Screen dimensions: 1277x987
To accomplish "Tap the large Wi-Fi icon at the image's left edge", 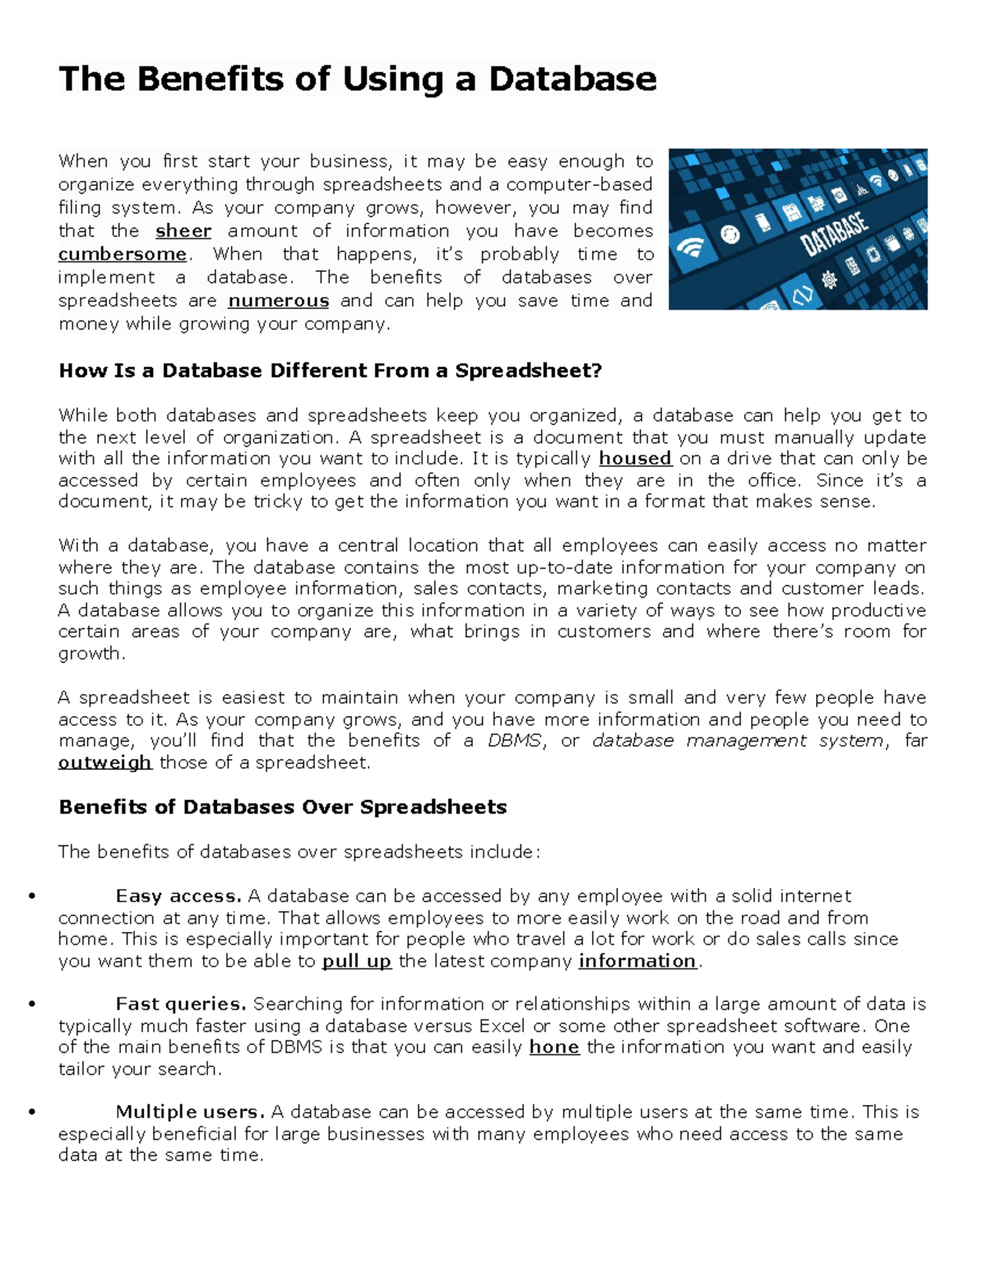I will [690, 248].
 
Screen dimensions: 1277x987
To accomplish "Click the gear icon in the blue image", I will [828, 280].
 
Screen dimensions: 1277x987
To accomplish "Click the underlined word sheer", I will [183, 231].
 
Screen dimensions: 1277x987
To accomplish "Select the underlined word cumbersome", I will [123, 254].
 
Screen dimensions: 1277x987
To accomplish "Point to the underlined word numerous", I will [278, 301].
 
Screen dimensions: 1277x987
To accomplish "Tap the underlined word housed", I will [635, 459].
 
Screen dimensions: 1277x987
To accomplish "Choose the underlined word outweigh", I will [104, 763].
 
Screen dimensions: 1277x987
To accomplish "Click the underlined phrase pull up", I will [356, 961].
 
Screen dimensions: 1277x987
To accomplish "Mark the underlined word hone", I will [554, 1048].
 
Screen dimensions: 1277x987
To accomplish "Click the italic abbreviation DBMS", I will [514, 741].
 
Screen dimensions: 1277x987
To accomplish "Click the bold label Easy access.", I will [178, 896].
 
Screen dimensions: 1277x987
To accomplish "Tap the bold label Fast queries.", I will [181, 1004].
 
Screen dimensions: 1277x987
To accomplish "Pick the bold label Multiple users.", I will [190, 1113].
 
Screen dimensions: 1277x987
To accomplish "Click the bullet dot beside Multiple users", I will [32, 1113].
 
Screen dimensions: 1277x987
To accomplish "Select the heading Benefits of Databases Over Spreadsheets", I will [282, 807].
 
